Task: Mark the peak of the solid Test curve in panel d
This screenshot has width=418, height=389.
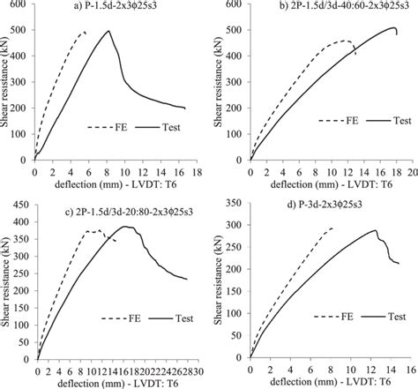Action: [376, 231]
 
